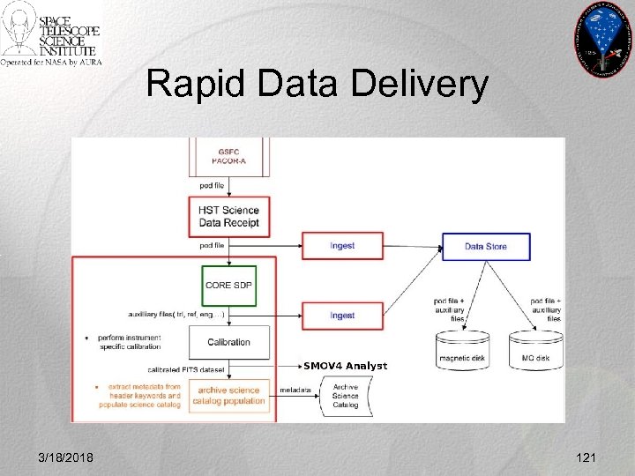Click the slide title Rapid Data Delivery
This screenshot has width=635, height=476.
coord(317,85)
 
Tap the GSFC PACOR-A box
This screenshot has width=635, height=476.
coord(228,158)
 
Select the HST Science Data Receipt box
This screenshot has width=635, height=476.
coord(228,215)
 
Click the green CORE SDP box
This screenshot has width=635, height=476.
coord(228,286)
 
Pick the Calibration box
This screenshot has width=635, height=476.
coord(228,342)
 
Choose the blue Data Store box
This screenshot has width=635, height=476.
coord(486,246)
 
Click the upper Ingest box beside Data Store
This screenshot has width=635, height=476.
coord(342,245)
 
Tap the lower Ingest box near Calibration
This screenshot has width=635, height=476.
coord(342,315)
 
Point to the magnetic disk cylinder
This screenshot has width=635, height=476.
coord(464,350)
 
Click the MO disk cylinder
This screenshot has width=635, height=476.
coord(535,350)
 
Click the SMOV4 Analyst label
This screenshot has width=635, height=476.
coord(345,366)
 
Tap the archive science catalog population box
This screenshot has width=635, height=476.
coord(228,395)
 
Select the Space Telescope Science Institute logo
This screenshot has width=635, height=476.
coord(51,36)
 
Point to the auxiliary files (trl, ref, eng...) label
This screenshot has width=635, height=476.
coord(176,315)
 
